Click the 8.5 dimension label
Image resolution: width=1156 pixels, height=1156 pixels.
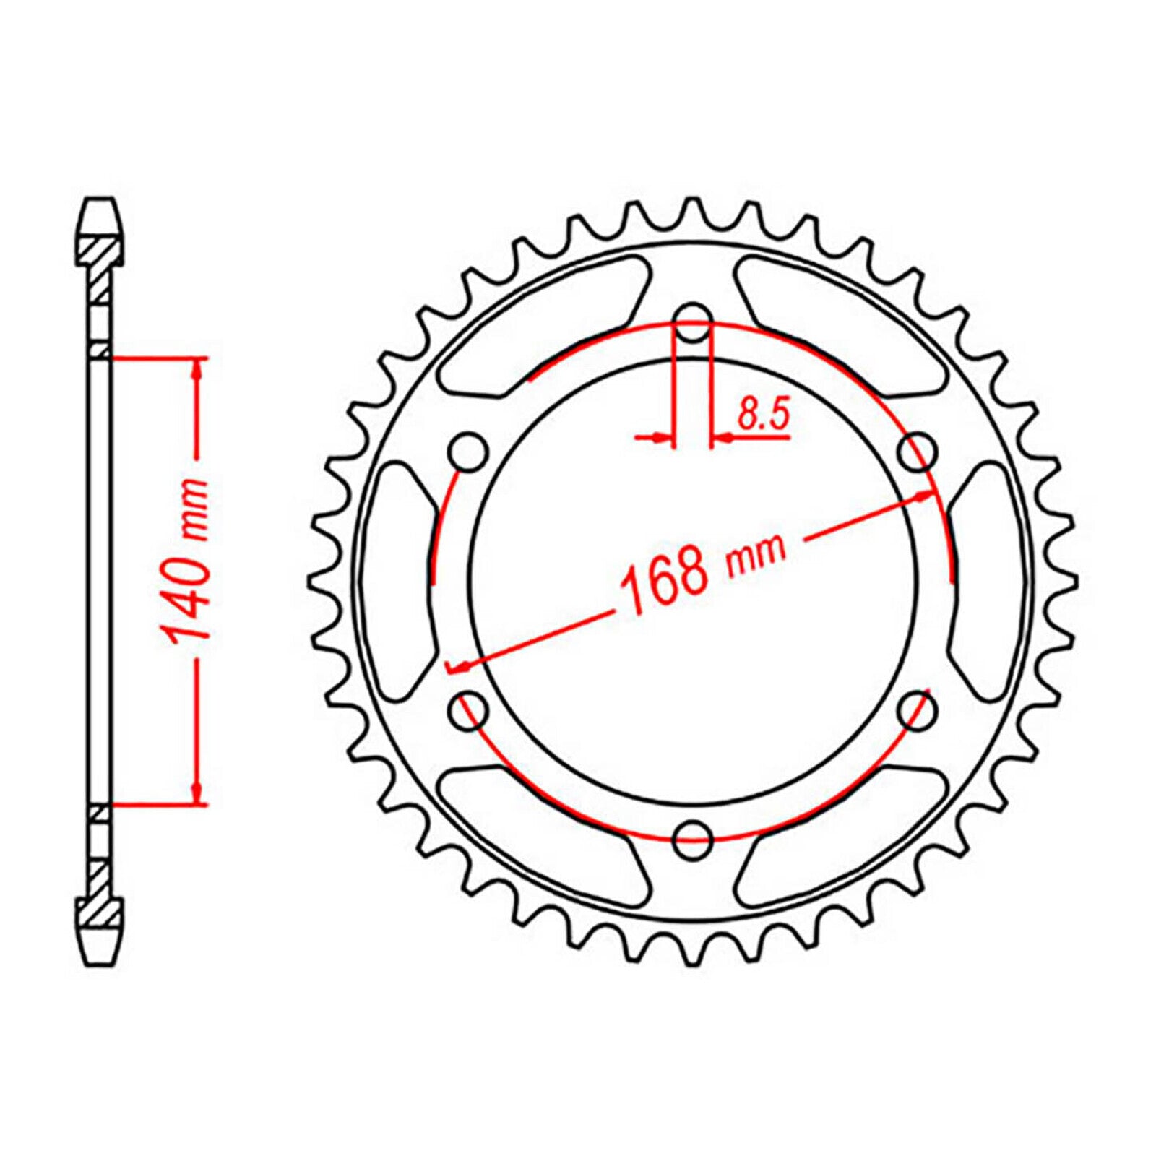pos(762,416)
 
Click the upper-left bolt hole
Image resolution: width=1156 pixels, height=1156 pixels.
pos(470,452)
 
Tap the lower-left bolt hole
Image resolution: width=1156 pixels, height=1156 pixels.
pos(470,709)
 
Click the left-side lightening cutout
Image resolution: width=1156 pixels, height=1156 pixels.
pos(405,582)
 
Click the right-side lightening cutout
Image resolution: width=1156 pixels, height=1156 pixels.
pos(983,582)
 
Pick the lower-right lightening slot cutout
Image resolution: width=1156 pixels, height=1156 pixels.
pos(842,838)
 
